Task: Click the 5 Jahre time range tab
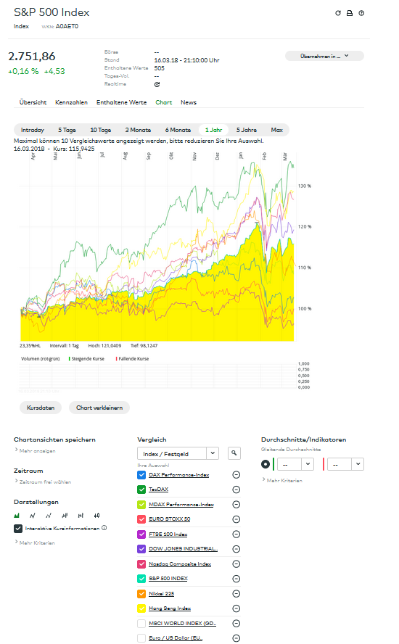click(x=247, y=130)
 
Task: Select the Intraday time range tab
click(x=33, y=130)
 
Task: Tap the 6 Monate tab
click(x=177, y=130)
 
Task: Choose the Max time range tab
click(x=276, y=130)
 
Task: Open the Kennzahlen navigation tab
click(x=71, y=102)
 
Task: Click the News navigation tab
click(x=189, y=102)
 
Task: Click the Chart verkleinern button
click(x=100, y=408)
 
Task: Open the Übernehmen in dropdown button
click(x=324, y=56)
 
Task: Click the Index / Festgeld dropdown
click(x=178, y=453)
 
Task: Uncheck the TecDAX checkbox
click(x=141, y=490)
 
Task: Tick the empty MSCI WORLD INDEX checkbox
click(x=141, y=623)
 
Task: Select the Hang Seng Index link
click(x=170, y=608)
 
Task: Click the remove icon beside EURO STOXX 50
click(x=236, y=519)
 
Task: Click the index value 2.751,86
click(x=31, y=57)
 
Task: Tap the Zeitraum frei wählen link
click(x=45, y=482)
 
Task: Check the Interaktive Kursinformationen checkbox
click(x=18, y=528)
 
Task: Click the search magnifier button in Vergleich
click(x=234, y=453)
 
